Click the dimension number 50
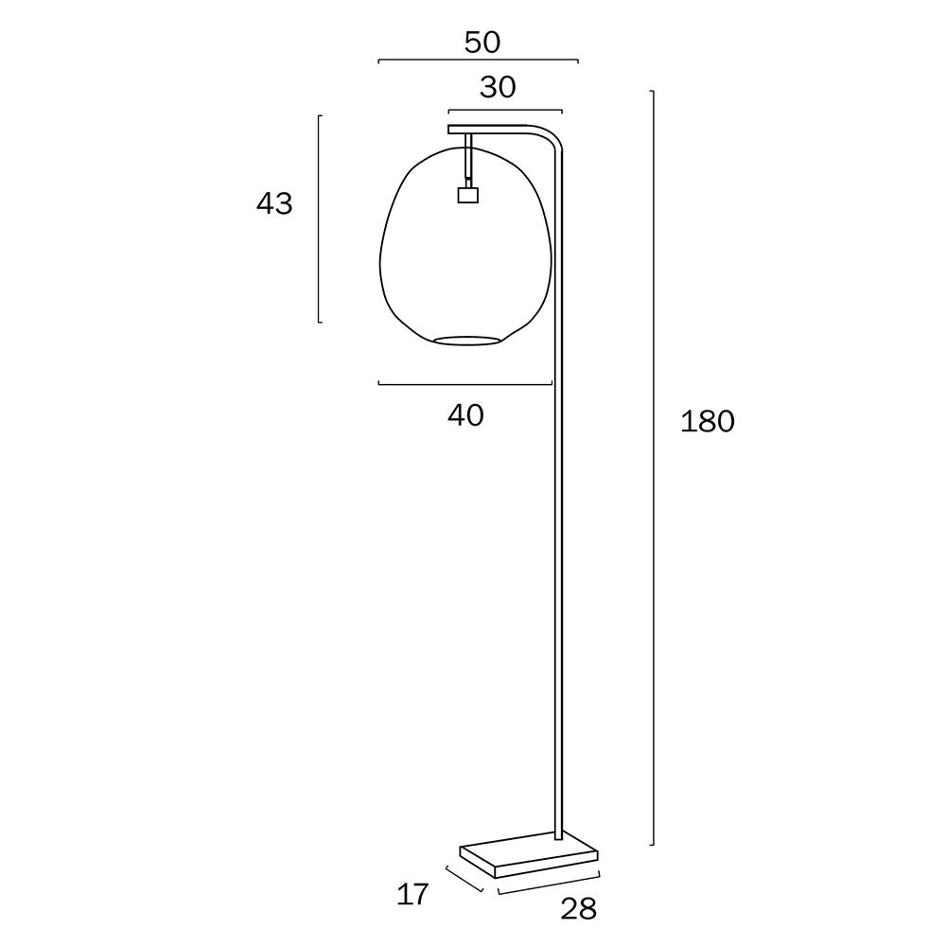(x=482, y=42)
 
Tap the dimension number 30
(x=498, y=87)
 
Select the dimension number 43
(x=274, y=203)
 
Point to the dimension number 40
(x=465, y=414)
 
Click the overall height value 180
(x=707, y=422)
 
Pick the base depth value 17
(x=412, y=893)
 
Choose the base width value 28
(x=578, y=908)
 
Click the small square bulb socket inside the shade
(x=466, y=195)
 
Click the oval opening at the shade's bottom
(x=466, y=339)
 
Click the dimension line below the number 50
(x=478, y=61)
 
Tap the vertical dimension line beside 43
(x=319, y=218)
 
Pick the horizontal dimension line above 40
(x=464, y=383)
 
